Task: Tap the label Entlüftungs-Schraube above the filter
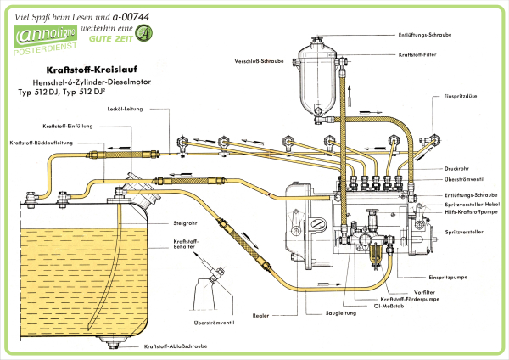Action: [423, 34]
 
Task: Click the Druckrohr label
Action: [457, 168]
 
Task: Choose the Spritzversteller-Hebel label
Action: [471, 204]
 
